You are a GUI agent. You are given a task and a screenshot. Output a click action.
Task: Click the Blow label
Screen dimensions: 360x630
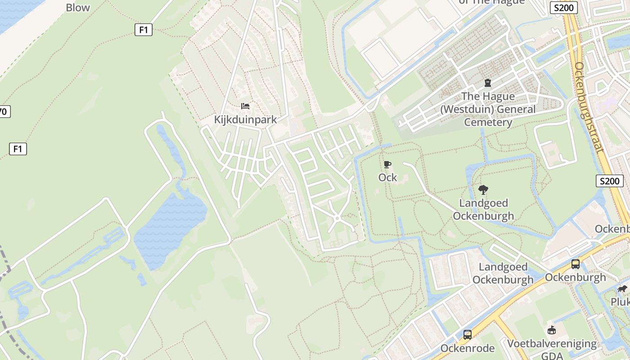pos(78,8)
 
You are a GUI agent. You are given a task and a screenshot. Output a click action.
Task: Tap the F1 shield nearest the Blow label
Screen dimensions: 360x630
pos(143,30)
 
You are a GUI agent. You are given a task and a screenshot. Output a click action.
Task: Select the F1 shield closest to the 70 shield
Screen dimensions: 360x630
pos(18,148)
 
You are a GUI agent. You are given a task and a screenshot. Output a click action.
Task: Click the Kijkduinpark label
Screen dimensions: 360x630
pos(245,120)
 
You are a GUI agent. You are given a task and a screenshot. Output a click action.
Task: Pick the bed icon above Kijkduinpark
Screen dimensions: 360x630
pos(245,106)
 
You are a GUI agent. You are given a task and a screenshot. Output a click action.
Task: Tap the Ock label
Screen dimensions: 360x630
pos(387,177)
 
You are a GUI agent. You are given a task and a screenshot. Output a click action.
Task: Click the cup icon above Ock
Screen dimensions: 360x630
pos(387,165)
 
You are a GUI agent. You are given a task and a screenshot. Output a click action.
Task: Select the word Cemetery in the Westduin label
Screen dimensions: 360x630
pos(488,122)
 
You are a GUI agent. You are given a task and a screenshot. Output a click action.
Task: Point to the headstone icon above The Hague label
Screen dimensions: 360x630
pos(487,83)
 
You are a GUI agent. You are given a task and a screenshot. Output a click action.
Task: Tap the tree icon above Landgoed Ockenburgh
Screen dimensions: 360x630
pos(483,190)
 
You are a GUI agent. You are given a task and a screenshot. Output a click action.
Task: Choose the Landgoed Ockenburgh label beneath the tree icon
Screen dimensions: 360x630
pos(483,210)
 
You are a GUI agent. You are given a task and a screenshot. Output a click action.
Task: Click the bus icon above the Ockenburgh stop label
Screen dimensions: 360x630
pos(575,264)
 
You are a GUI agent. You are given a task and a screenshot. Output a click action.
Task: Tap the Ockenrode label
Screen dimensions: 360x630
pos(468,348)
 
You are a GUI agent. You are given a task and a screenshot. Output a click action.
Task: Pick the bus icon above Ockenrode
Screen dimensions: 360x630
pos(468,335)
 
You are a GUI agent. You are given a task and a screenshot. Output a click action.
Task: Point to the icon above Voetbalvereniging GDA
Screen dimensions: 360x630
pos(552,330)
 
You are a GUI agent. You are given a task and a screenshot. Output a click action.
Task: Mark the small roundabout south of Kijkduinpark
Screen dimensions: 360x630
pos(337,218)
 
